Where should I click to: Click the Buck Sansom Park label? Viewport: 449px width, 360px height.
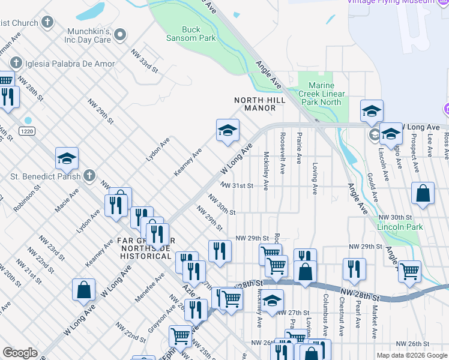pyautogui.click(x=199, y=34)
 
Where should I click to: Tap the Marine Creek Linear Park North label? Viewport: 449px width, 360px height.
pyautogui.click(x=324, y=94)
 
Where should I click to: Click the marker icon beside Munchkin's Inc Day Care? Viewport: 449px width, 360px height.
pyautogui.click(x=121, y=35)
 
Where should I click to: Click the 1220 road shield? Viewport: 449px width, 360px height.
pyautogui.click(x=26, y=131)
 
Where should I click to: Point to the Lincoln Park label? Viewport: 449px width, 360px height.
pyautogui.click(x=400, y=227)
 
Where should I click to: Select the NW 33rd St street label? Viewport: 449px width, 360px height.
pyautogui.click(x=145, y=60)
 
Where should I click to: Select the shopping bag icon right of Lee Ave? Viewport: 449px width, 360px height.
pyautogui.click(x=423, y=194)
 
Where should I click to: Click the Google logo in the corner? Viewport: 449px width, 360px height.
pyautogui.click(x=20, y=353)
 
